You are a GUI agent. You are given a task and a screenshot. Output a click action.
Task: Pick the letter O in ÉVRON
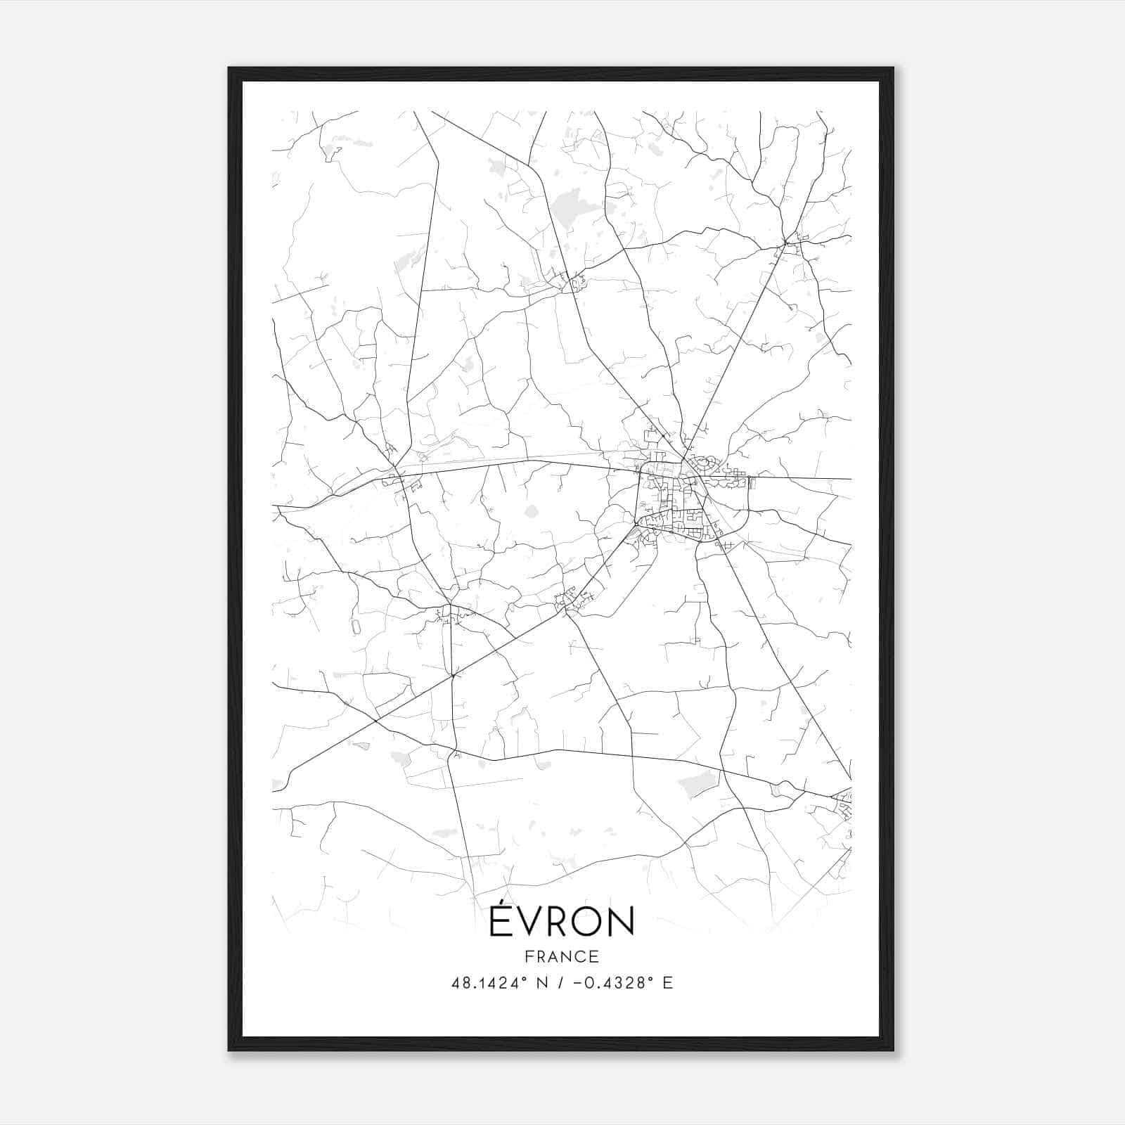(x=589, y=922)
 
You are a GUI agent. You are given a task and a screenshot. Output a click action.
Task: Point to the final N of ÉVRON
(x=622, y=922)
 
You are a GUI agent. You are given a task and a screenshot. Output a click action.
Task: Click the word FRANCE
(x=562, y=956)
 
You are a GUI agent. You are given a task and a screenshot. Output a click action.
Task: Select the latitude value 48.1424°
(x=489, y=983)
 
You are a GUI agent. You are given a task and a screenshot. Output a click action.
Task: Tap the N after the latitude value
(x=542, y=983)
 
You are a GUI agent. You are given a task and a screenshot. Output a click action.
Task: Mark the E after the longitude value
(x=667, y=983)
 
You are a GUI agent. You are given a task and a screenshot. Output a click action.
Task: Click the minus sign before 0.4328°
(x=577, y=983)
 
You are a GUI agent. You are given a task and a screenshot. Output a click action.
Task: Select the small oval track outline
(x=355, y=625)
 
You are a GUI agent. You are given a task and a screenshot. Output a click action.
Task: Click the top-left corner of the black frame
(x=229, y=68)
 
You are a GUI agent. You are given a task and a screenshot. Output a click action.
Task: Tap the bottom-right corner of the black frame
(x=893, y=1050)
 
